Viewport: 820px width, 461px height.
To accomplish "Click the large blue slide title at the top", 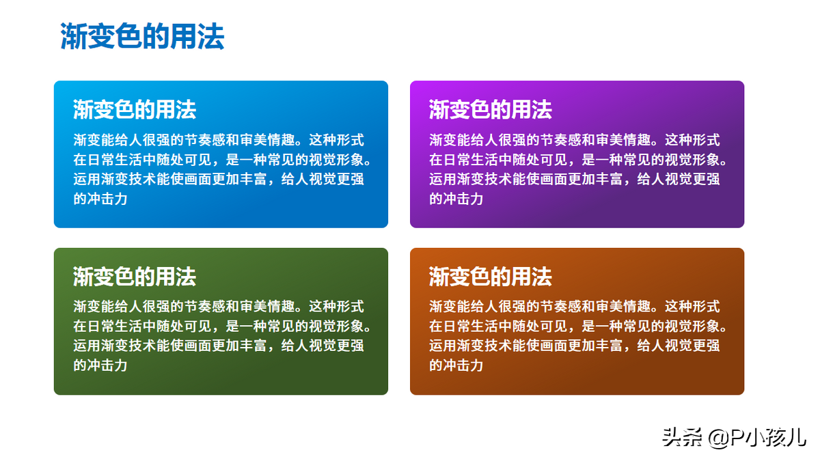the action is (142, 36).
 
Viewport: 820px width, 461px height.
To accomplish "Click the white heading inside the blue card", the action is (135, 109).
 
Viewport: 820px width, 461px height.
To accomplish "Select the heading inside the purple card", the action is (491, 109).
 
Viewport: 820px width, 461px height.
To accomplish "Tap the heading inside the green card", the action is (135, 276).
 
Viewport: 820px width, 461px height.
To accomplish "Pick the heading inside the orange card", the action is (491, 276).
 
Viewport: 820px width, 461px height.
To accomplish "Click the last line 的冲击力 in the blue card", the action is (100, 199).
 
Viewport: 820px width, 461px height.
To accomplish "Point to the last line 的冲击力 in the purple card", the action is (456, 199).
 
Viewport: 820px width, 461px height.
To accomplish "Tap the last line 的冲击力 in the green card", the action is (100, 365).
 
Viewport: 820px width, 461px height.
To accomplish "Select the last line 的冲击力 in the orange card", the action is (456, 365).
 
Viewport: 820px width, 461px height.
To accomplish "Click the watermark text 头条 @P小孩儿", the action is (735, 438).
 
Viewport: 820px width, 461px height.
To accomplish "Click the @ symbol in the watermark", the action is (719, 438).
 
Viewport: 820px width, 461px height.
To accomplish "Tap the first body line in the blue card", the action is (219, 140).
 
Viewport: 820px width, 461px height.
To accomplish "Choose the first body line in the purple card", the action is (575, 140).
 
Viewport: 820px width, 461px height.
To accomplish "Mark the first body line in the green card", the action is (219, 306).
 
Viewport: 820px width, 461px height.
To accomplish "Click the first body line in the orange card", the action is (575, 306).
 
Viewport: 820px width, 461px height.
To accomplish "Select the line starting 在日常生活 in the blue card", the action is (222, 160).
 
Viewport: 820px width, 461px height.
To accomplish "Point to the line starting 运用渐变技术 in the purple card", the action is (575, 179).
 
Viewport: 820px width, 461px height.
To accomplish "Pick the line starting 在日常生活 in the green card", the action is (222, 326).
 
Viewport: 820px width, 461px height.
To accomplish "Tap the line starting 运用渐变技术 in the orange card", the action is (575, 346).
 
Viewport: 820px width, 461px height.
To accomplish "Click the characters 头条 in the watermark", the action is (683, 438).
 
